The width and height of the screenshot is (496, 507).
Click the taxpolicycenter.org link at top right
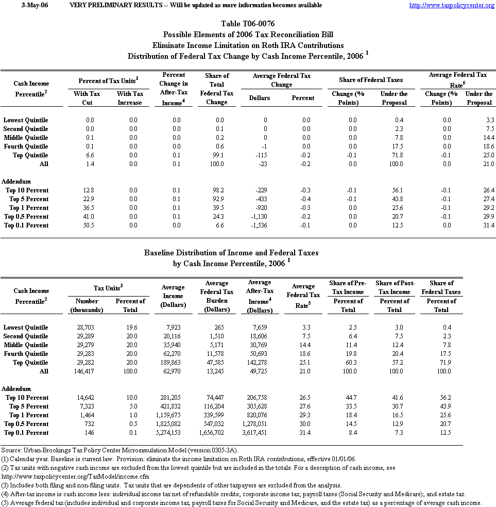pos(451,5)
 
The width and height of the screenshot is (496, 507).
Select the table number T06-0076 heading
pos(248,24)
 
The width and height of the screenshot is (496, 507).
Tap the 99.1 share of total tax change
pos(216,155)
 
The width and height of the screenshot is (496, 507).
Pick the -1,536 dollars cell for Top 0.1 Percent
pos(260,225)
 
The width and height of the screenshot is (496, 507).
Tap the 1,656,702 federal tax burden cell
pos(217,433)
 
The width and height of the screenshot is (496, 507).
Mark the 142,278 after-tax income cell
pos(260,363)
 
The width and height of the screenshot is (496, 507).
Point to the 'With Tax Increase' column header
pos(130,98)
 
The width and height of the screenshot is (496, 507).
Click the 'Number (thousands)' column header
pos(87,305)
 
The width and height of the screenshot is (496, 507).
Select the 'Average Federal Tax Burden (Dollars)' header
pos(217,297)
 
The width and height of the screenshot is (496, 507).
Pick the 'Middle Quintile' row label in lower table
pos(26,345)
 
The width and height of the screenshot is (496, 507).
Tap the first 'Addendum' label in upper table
pos(16,182)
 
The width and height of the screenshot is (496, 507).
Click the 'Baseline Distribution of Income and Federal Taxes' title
pos(231,253)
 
